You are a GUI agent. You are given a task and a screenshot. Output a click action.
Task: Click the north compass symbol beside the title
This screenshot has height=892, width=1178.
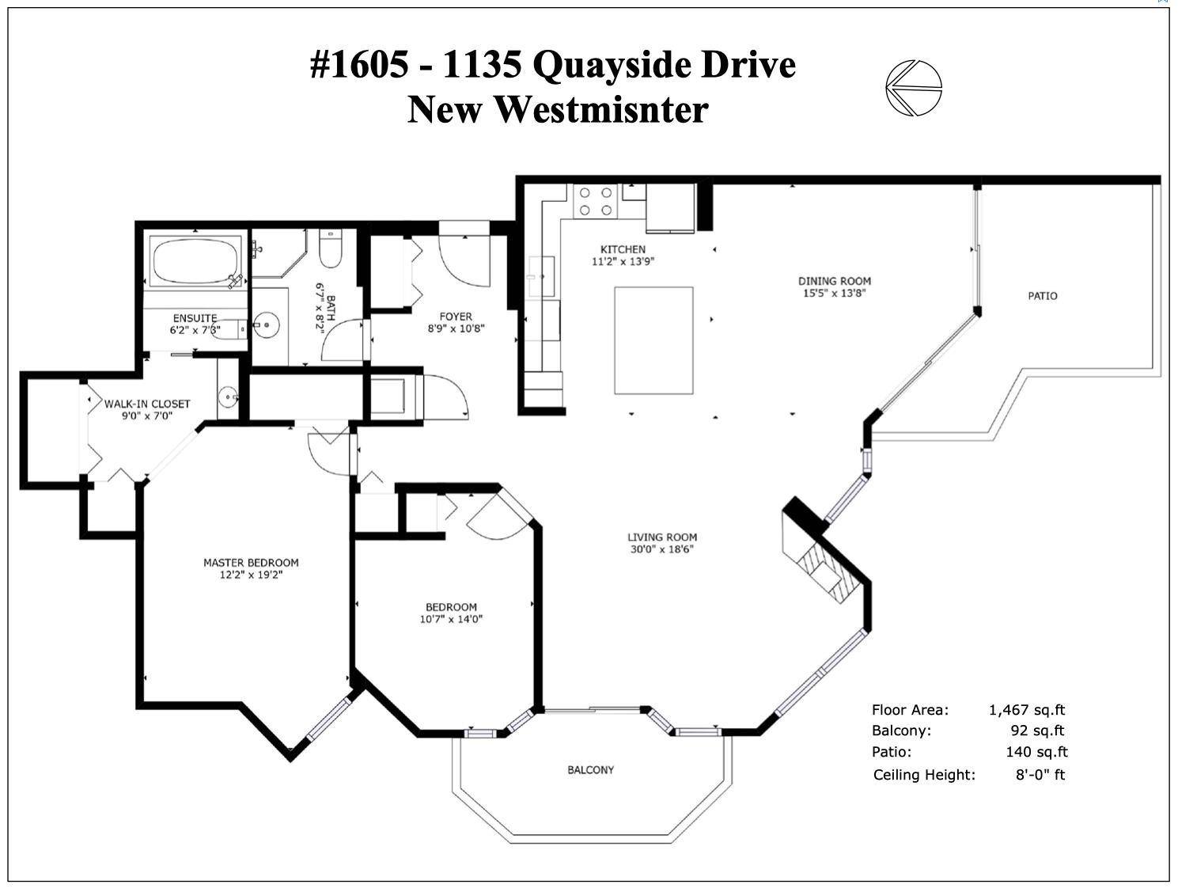click(914, 88)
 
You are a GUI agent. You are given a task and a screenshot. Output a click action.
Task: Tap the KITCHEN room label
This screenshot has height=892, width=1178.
click(623, 249)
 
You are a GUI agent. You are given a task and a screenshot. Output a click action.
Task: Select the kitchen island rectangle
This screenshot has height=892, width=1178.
click(653, 340)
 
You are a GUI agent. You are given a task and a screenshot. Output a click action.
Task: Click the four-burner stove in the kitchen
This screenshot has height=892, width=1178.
click(595, 201)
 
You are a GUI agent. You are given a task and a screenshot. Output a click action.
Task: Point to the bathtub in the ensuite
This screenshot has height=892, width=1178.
click(195, 260)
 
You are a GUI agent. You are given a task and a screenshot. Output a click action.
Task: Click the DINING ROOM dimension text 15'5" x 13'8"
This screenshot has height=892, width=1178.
click(835, 293)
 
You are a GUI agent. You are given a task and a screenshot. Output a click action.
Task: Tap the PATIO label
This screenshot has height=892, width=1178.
click(1042, 296)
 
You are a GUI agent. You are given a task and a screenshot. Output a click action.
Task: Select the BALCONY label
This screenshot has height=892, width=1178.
click(590, 769)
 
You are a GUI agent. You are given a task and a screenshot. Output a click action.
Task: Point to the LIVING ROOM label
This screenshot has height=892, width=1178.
click(662, 537)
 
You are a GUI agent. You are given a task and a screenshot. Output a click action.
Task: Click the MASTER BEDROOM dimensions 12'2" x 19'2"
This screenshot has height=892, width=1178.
click(251, 575)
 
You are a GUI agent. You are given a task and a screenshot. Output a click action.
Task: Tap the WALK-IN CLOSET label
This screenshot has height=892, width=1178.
click(147, 404)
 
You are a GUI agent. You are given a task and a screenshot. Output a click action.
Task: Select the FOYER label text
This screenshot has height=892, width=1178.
click(456, 317)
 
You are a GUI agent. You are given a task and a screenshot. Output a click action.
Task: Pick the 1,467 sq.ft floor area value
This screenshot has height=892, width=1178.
click(1027, 710)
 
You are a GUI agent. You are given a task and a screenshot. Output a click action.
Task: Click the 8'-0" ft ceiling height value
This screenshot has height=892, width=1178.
click(1040, 774)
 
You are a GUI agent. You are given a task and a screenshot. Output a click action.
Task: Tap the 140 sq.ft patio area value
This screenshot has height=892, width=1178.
click(1036, 751)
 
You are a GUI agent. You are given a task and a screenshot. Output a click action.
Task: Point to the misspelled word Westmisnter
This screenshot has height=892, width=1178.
click(600, 110)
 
